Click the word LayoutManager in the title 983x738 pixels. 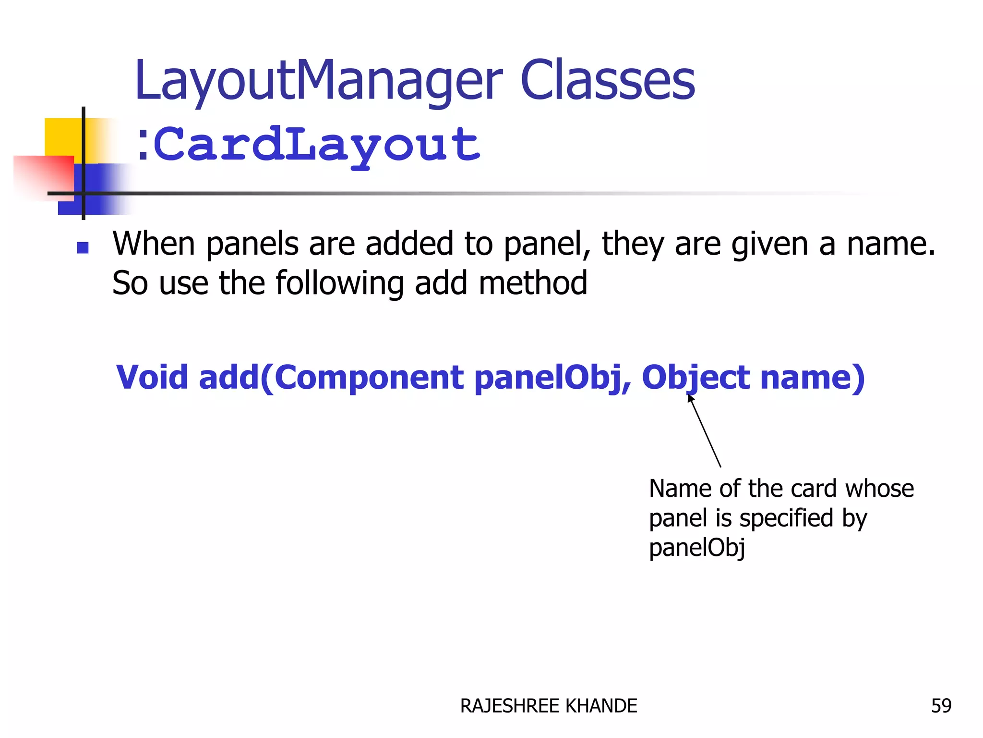click(x=318, y=81)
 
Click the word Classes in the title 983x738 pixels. click(x=607, y=81)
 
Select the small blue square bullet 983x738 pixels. click(x=83, y=247)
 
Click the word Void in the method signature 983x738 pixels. click(x=152, y=377)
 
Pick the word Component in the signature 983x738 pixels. click(x=369, y=378)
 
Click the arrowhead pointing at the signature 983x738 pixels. click(x=691, y=398)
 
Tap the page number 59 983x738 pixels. click(x=941, y=706)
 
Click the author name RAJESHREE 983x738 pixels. click(x=510, y=706)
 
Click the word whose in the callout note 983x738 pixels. click(x=879, y=489)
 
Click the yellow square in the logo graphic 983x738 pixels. click(x=62, y=137)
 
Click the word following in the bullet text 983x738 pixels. click(x=339, y=283)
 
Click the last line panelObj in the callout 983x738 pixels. click(x=696, y=548)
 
